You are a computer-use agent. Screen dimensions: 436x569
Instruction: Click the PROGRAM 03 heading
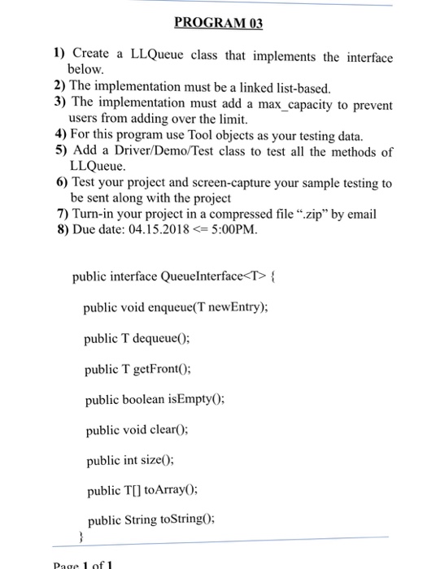[217, 23]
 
